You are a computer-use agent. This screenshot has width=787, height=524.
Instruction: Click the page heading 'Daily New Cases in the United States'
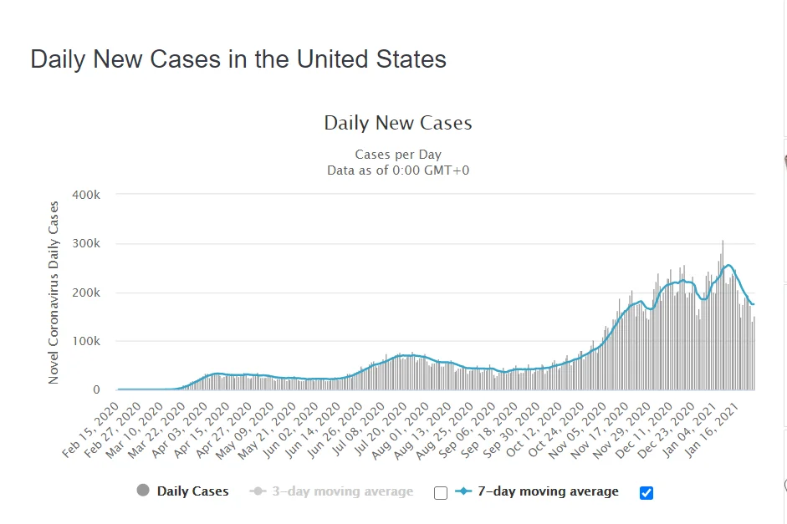click(x=238, y=59)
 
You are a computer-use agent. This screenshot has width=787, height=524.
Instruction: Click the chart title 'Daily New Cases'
click(x=398, y=124)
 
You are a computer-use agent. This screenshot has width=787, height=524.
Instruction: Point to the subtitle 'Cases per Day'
click(x=398, y=155)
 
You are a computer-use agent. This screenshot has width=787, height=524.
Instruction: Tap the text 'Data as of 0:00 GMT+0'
click(x=398, y=170)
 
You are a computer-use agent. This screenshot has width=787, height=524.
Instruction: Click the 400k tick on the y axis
click(x=86, y=195)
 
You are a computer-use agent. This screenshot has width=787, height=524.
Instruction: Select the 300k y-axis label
click(x=86, y=244)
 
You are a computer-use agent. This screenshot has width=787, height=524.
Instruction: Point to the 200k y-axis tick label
click(x=86, y=293)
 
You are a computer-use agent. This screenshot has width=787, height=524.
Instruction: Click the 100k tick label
click(x=86, y=342)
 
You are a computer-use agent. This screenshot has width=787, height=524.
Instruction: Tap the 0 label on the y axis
click(x=96, y=390)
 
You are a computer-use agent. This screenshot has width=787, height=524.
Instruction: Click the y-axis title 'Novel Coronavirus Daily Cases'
click(x=54, y=293)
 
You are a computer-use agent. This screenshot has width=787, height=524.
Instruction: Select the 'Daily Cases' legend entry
click(x=192, y=491)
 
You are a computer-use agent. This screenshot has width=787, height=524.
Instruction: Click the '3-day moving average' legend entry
click(x=342, y=491)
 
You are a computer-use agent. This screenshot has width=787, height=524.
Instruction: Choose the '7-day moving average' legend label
click(x=548, y=491)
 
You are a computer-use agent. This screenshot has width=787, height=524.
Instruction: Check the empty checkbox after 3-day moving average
click(x=441, y=493)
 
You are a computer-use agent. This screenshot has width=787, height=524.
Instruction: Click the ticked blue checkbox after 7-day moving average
click(x=646, y=493)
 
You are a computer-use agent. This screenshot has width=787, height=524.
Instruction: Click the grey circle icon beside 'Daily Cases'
click(x=143, y=491)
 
